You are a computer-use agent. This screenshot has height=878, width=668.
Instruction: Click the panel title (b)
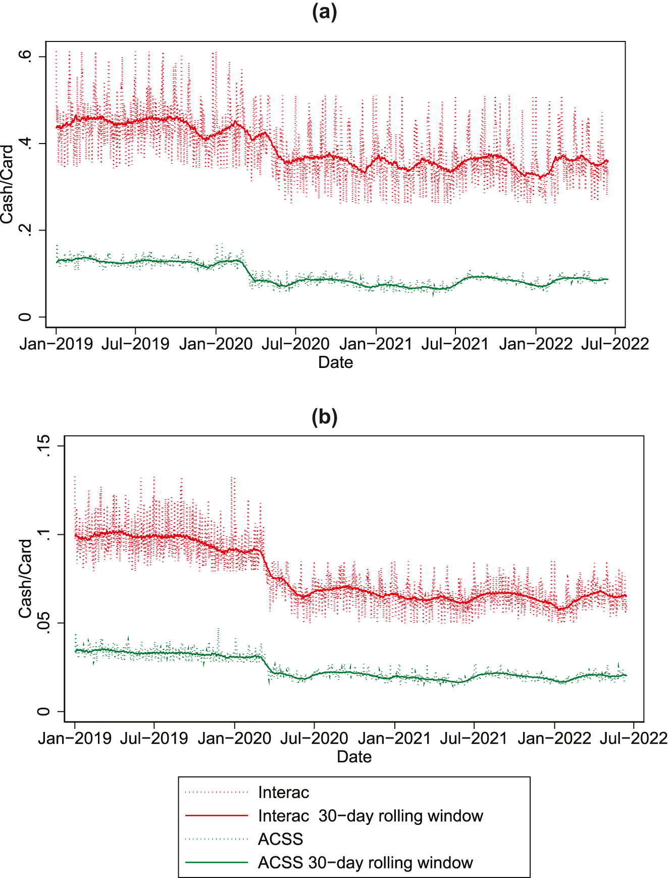tap(324, 417)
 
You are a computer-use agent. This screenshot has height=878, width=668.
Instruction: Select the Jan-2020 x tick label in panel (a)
tap(216, 344)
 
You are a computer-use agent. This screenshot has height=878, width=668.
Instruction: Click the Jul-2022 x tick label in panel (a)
tap(615, 344)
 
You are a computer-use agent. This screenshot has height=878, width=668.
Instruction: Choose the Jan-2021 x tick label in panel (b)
tap(394, 738)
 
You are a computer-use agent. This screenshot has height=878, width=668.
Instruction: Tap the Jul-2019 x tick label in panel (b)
tap(154, 738)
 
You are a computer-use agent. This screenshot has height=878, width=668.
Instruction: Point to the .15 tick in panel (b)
tap(44, 446)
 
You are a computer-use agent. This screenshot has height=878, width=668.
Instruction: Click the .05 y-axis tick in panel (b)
tap(44, 623)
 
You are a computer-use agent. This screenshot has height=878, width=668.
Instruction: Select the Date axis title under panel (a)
tap(335, 362)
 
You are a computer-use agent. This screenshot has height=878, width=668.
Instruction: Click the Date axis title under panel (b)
tap(354, 757)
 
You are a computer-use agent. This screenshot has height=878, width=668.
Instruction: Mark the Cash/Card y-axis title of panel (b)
tap(25, 578)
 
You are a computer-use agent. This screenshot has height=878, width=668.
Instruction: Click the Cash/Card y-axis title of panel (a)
tap(7, 184)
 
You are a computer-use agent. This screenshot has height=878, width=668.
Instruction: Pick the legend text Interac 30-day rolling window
tap(370, 816)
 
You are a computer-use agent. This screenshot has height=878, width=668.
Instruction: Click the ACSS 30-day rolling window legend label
tap(365, 862)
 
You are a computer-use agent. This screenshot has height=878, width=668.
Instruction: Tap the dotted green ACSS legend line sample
tap(217, 840)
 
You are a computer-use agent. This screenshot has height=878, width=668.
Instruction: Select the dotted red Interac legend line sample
tap(217, 793)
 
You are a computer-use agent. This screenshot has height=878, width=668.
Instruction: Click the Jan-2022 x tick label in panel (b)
tap(554, 738)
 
